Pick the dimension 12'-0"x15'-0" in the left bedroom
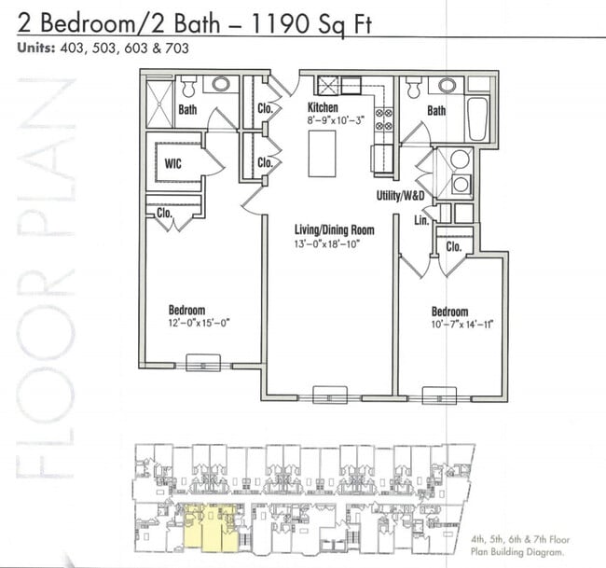pyautogui.click(x=198, y=323)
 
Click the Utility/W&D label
pyautogui.click(x=402, y=197)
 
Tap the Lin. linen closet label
pyautogui.click(x=420, y=221)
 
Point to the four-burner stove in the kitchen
pyautogui.click(x=383, y=120)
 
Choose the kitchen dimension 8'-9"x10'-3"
pyautogui.click(x=329, y=121)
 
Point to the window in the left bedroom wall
pyautogui.click(x=202, y=362)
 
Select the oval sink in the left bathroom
pyautogui.click(x=221, y=84)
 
